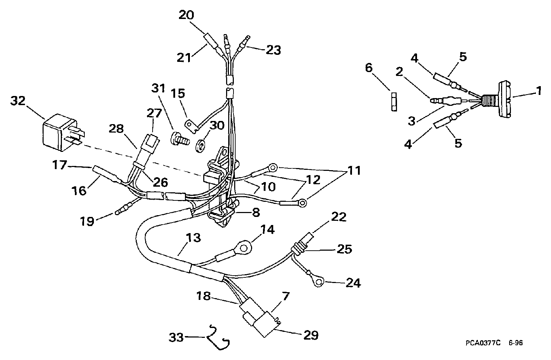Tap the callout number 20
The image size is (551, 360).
[186, 15]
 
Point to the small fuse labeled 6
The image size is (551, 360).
[394, 102]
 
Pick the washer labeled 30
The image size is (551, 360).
[200, 146]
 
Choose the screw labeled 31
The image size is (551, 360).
[180, 139]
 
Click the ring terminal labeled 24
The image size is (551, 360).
[319, 283]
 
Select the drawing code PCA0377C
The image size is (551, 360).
[483, 343]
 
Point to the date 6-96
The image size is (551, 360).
[515, 343]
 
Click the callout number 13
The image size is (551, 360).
[193, 238]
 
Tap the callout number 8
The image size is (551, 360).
[256, 212]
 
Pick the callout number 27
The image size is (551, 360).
[154, 113]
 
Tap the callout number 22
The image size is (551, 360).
[339, 217]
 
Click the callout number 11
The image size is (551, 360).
[354, 171]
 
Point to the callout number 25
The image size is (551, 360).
[344, 249]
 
